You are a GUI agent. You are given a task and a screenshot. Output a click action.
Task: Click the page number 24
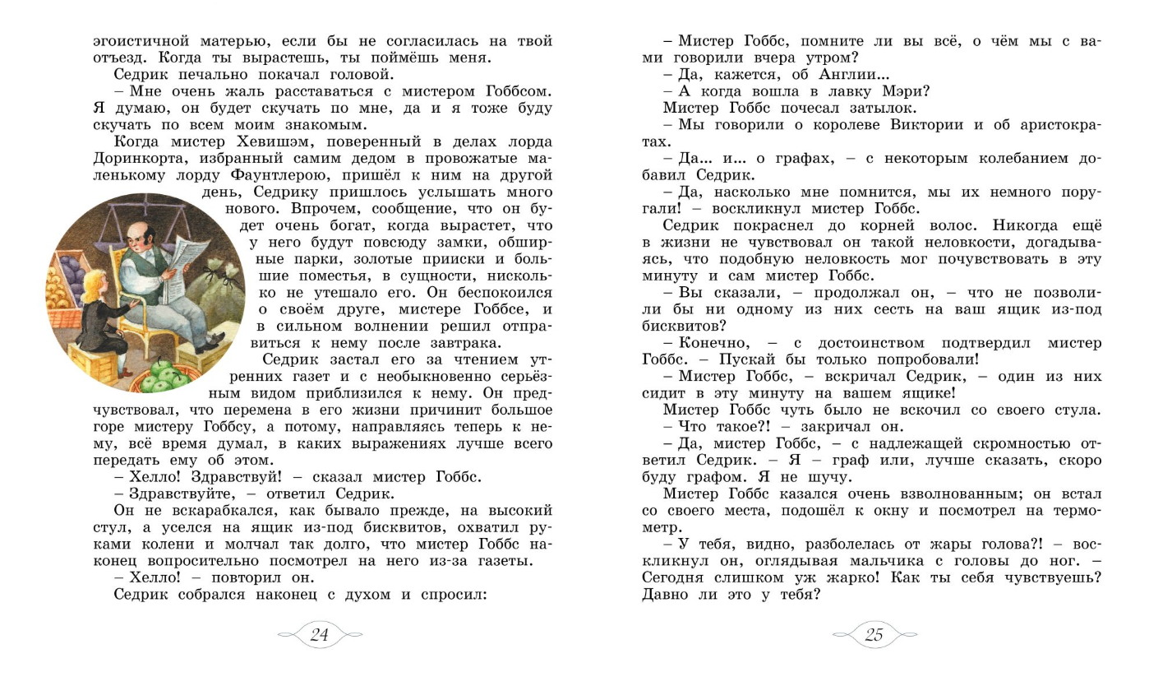click(x=320, y=635)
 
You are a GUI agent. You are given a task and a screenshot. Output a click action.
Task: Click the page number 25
click(x=874, y=635)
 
